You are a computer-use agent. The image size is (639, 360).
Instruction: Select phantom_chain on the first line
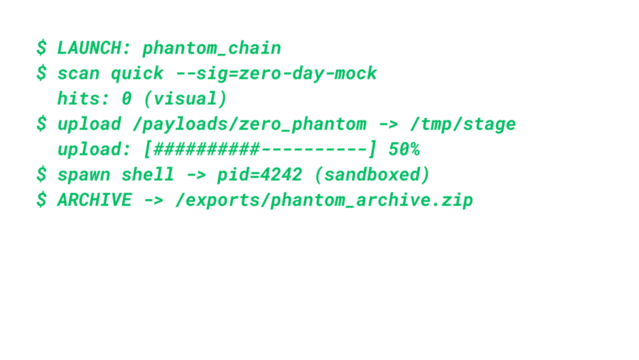pyautogui.click(x=212, y=48)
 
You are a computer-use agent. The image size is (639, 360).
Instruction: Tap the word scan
pyautogui.click(x=77, y=74)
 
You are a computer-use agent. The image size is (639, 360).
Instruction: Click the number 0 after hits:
pyautogui.click(x=126, y=99)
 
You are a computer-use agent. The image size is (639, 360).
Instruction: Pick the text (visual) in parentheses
pyautogui.click(x=185, y=99)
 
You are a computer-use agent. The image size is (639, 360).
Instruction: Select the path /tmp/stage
pyautogui.click(x=462, y=124)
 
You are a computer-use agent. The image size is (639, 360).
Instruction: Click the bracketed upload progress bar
pyautogui.click(x=260, y=150)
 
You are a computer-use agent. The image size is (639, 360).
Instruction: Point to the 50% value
pyautogui.click(x=403, y=150)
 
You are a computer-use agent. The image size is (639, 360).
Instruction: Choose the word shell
pyautogui.click(x=148, y=175)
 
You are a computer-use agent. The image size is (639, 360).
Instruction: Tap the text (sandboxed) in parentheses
pyautogui.click(x=372, y=175)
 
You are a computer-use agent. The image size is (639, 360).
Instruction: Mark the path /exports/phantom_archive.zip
pyautogui.click(x=324, y=200)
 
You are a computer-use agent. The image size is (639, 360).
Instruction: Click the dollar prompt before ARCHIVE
pyautogui.click(x=41, y=200)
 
